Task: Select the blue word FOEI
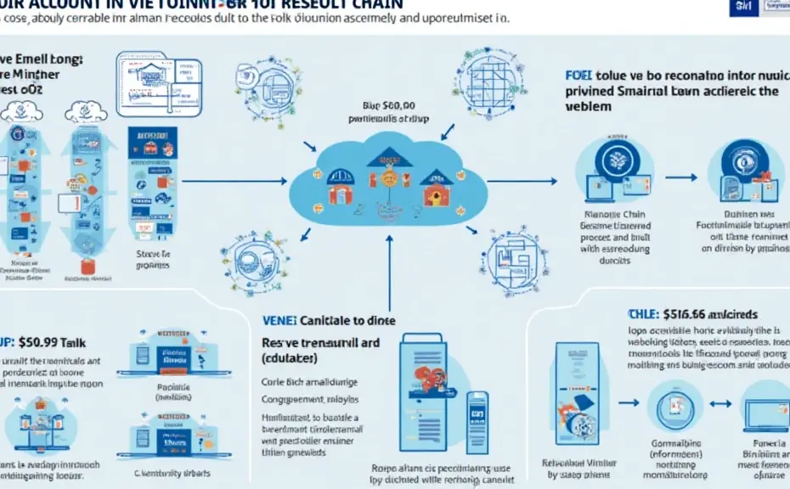click(578, 75)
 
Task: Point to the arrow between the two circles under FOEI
click(679, 179)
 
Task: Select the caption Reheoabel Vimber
click(577, 466)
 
